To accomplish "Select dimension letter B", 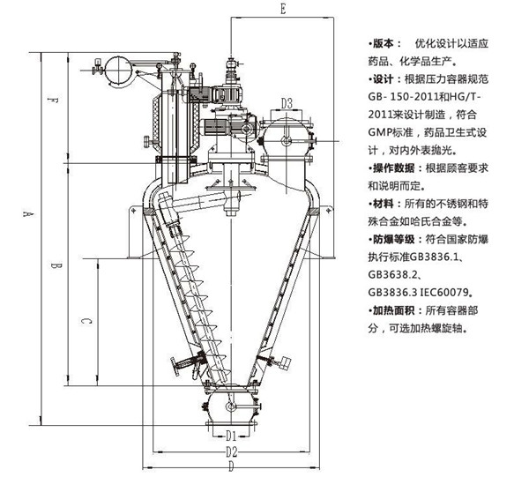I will click(x=54, y=265).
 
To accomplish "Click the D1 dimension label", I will click(x=229, y=435).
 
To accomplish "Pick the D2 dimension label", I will click(x=230, y=452).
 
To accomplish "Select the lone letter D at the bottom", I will click(x=229, y=467).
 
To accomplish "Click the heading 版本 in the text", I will click(x=386, y=42).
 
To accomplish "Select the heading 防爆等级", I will click(x=397, y=239).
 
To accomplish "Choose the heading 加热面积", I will click(x=397, y=310).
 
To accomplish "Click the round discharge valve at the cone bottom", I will click(x=231, y=406).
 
